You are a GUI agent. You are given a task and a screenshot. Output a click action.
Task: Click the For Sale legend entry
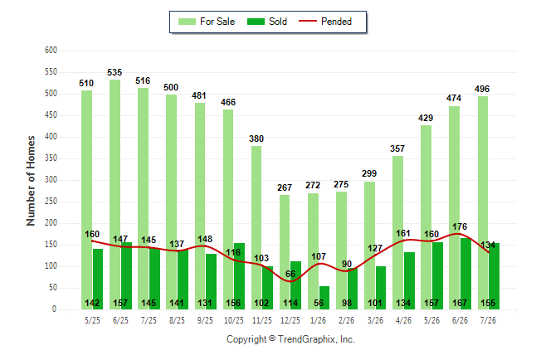point(207,22)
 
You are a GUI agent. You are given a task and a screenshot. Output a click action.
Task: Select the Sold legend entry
point(267,22)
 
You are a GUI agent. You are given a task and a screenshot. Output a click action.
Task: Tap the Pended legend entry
point(325,22)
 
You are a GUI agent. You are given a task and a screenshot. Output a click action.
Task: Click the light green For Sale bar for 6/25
point(115,195)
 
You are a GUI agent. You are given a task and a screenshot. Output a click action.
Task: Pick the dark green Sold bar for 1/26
point(324,298)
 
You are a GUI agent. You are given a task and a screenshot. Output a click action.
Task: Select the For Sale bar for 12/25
point(285,252)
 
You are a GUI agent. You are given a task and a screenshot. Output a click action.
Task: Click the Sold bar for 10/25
point(239,276)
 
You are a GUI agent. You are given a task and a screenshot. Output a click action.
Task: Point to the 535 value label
point(115,72)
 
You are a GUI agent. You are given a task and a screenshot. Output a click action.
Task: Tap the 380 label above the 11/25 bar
point(256,139)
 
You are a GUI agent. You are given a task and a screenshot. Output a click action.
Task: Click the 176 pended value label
point(460,226)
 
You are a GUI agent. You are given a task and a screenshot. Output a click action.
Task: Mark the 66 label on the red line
point(290,274)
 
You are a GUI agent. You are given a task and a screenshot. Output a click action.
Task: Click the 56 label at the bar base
point(319,303)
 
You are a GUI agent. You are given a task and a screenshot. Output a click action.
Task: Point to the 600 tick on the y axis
point(51,51)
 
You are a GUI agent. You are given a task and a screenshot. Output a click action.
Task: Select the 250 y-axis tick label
point(51,202)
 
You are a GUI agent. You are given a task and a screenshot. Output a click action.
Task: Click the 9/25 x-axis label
point(205,320)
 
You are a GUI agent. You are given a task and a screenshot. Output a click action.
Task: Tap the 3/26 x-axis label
point(375,320)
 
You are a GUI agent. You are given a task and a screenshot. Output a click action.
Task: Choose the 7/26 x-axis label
point(488,320)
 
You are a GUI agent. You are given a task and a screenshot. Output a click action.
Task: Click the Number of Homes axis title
point(31,181)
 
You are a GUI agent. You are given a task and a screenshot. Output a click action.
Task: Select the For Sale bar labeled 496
point(483,203)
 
